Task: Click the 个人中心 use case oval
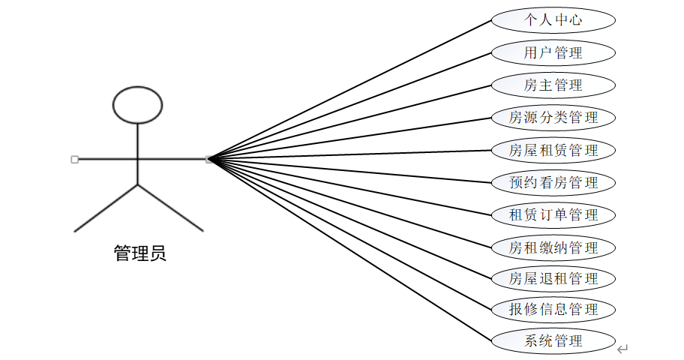pos(553,20)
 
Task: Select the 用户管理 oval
pos(553,52)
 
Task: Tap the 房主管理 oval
pos(553,85)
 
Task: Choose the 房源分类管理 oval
pos(553,117)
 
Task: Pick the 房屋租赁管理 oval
pos(553,150)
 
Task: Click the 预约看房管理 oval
pos(553,182)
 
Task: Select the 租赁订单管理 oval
pos(553,215)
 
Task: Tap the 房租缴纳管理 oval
pos(553,247)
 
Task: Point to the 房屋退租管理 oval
pos(553,279)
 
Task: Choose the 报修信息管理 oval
pos(553,309)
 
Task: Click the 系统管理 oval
pos(553,340)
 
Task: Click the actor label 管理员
pos(139,253)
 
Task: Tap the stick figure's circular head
pos(137,105)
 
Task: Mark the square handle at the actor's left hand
pos(74,159)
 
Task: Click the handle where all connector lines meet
pos(209,159)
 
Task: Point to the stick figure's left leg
pos(106,207)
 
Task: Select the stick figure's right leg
pos(171,207)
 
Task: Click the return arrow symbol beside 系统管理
pos(622,349)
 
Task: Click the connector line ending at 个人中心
pos(351,88)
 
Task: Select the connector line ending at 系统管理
pos(351,249)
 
